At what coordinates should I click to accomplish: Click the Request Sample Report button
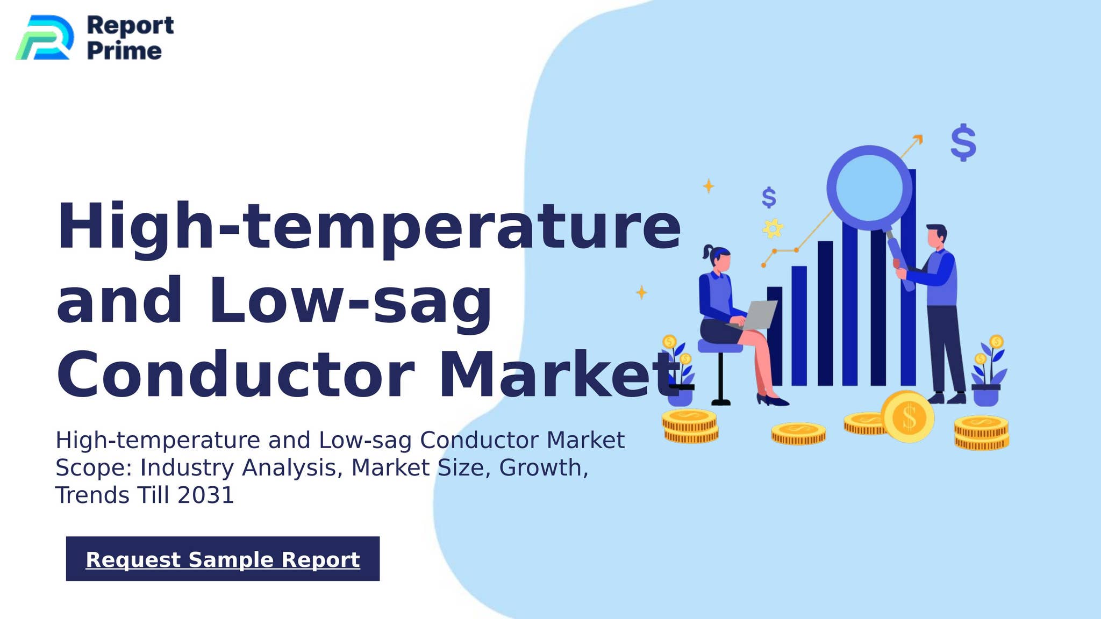coord(223,559)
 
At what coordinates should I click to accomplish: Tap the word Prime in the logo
coord(124,51)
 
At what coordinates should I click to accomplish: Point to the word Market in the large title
coord(559,374)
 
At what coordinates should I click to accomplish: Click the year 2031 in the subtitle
coord(206,495)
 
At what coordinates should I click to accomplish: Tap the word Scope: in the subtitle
coord(94,467)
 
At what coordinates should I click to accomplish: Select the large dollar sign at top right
coord(963,143)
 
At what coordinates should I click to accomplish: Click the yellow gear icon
coord(773,228)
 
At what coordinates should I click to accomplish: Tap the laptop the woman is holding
coord(759,314)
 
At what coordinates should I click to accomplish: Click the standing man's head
coord(936,236)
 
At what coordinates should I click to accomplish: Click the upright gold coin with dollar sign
coord(908,417)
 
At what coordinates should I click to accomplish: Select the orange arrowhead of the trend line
coord(918,139)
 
